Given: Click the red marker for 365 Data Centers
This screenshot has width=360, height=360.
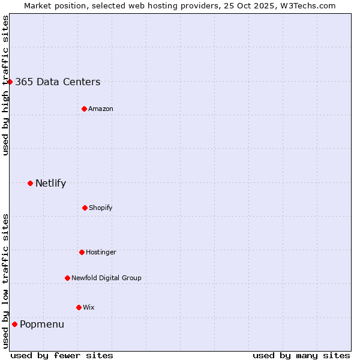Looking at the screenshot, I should pyautogui.click(x=10, y=82).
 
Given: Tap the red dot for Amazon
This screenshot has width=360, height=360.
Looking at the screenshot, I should pyautogui.click(x=84, y=109).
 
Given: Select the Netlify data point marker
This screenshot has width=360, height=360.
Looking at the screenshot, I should pyautogui.click(x=30, y=183).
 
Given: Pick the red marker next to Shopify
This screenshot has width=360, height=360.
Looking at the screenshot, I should pyautogui.click(x=85, y=208).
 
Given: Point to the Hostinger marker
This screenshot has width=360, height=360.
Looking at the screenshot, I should pyautogui.click(x=82, y=252).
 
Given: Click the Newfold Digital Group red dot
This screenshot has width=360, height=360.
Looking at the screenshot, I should pyautogui.click(x=67, y=278).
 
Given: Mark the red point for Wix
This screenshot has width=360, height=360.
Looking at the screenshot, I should pyautogui.click(x=79, y=307).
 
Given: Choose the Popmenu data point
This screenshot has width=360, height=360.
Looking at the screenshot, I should pyautogui.click(x=14, y=324).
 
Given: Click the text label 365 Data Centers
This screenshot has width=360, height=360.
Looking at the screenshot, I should pyautogui.click(x=58, y=82).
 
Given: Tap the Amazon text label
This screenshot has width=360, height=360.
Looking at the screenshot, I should pyautogui.click(x=101, y=109).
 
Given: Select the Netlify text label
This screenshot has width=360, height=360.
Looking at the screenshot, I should pyautogui.click(x=50, y=184).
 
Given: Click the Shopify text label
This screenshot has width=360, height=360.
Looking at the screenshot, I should pyautogui.click(x=101, y=208).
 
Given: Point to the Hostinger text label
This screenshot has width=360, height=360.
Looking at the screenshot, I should pyautogui.click(x=101, y=253).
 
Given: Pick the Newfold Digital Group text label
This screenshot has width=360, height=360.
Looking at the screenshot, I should pyautogui.click(x=106, y=278).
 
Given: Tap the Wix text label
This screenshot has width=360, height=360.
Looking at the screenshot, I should pyautogui.click(x=89, y=308).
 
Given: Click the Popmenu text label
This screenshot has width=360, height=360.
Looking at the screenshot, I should pyautogui.click(x=42, y=325).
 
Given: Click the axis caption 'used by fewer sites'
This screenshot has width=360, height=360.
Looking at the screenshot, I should pyautogui.click(x=62, y=355).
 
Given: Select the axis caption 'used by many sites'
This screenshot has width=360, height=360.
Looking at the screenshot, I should pyautogui.click(x=301, y=355).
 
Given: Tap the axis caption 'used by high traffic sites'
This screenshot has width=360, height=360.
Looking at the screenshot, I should pyautogui.click(x=5, y=85).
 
